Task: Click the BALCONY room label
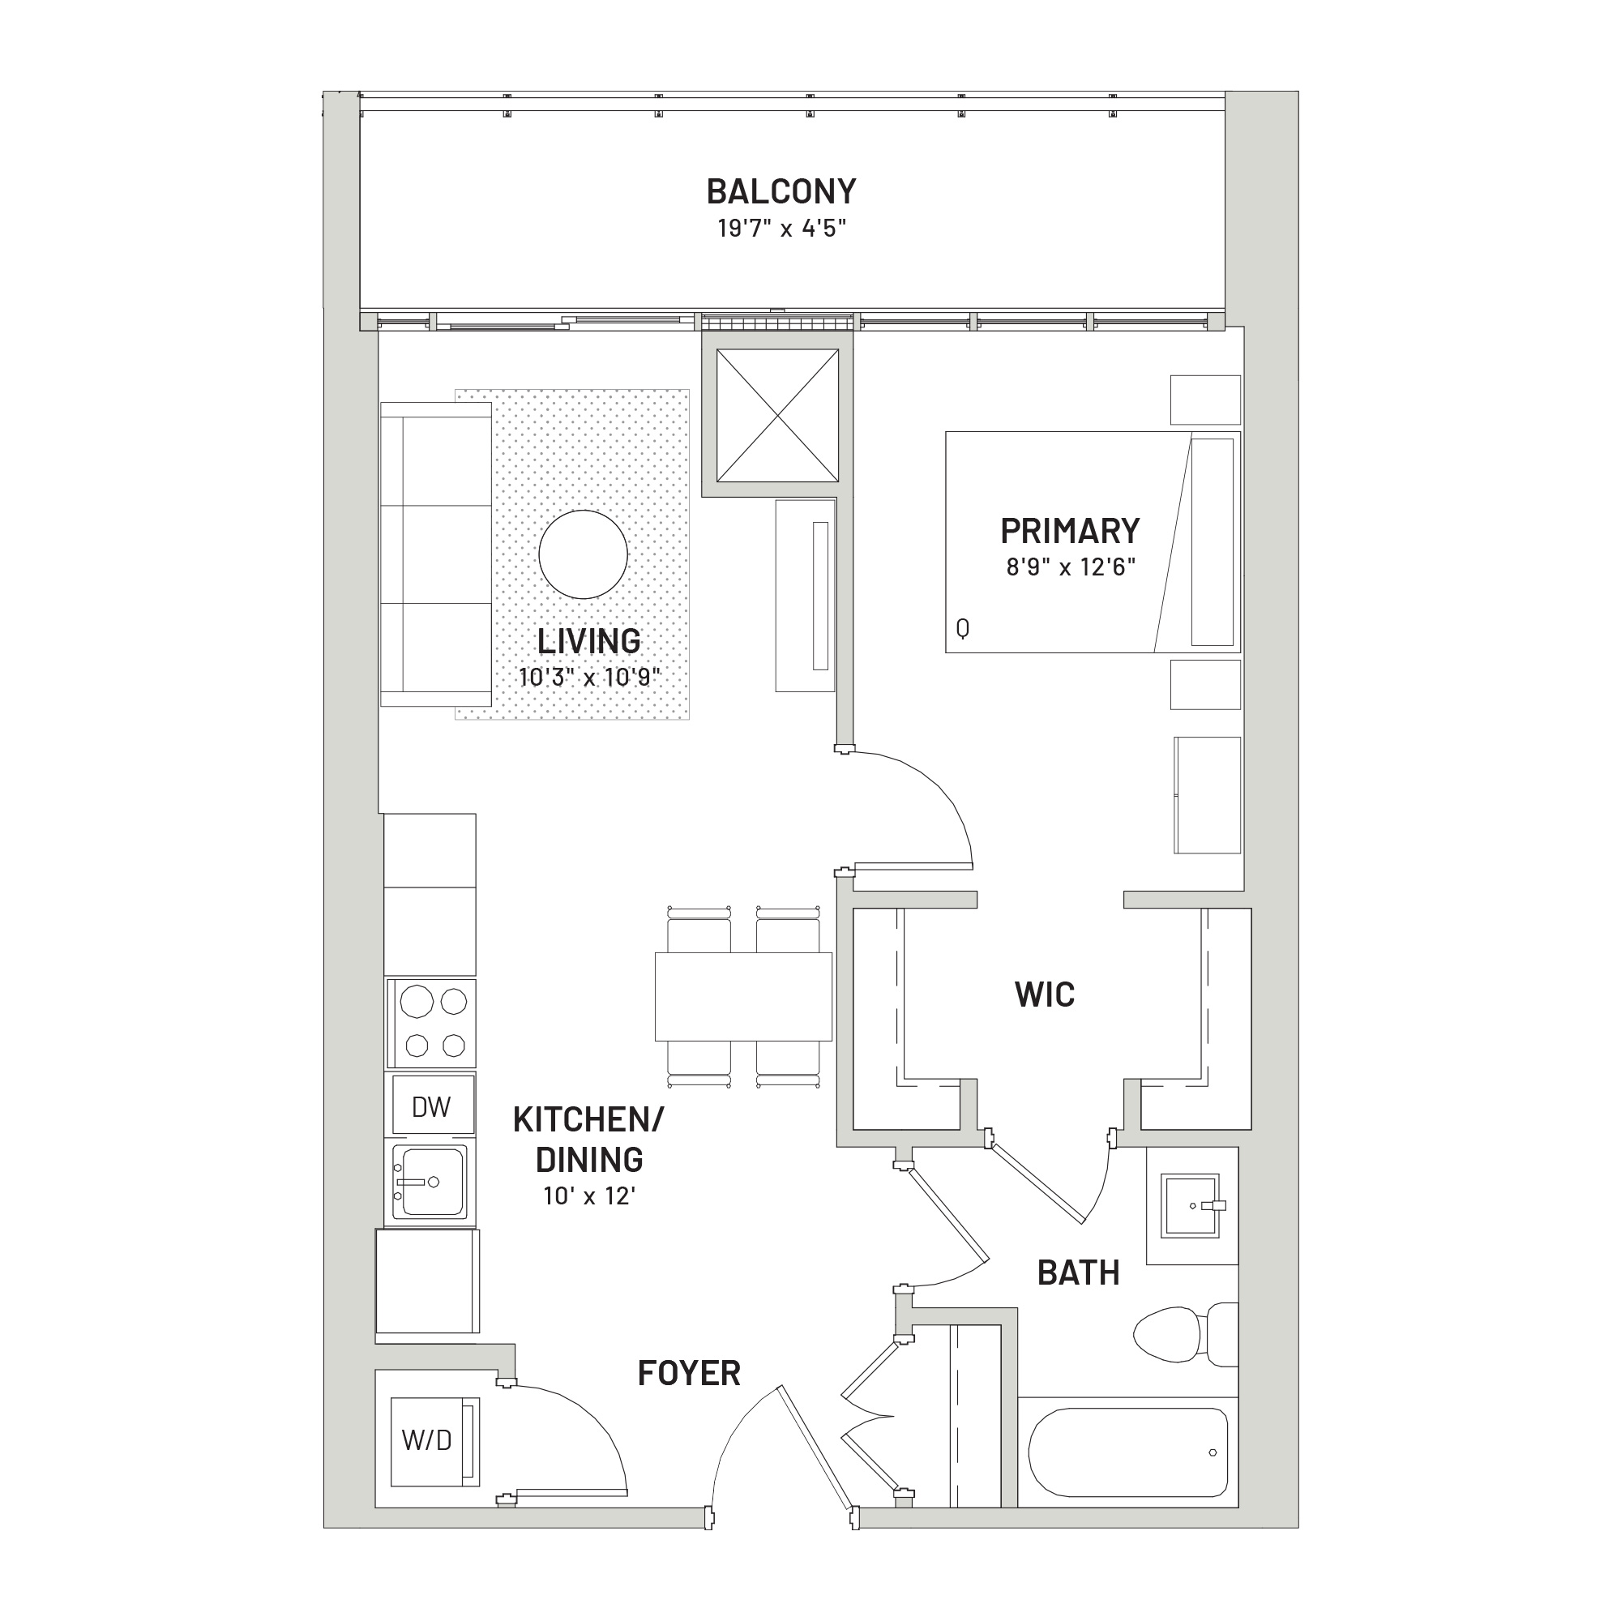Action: (x=781, y=191)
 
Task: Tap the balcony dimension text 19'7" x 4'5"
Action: (x=782, y=229)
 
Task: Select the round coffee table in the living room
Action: (x=583, y=554)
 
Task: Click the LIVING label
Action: (x=589, y=641)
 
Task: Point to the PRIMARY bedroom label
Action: (x=1070, y=530)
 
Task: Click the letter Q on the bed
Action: (x=962, y=627)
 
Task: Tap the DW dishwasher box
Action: (x=431, y=1106)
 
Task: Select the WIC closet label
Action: (x=1045, y=994)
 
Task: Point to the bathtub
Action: (x=1128, y=1452)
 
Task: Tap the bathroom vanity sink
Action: (x=1190, y=1206)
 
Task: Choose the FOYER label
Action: (x=689, y=1374)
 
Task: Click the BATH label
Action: (x=1078, y=1272)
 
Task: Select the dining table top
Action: (x=743, y=996)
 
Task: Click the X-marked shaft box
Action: (x=778, y=415)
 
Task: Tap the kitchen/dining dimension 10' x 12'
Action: (x=589, y=1195)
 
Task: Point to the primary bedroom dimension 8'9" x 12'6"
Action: (x=1071, y=567)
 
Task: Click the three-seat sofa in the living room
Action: (x=435, y=554)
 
